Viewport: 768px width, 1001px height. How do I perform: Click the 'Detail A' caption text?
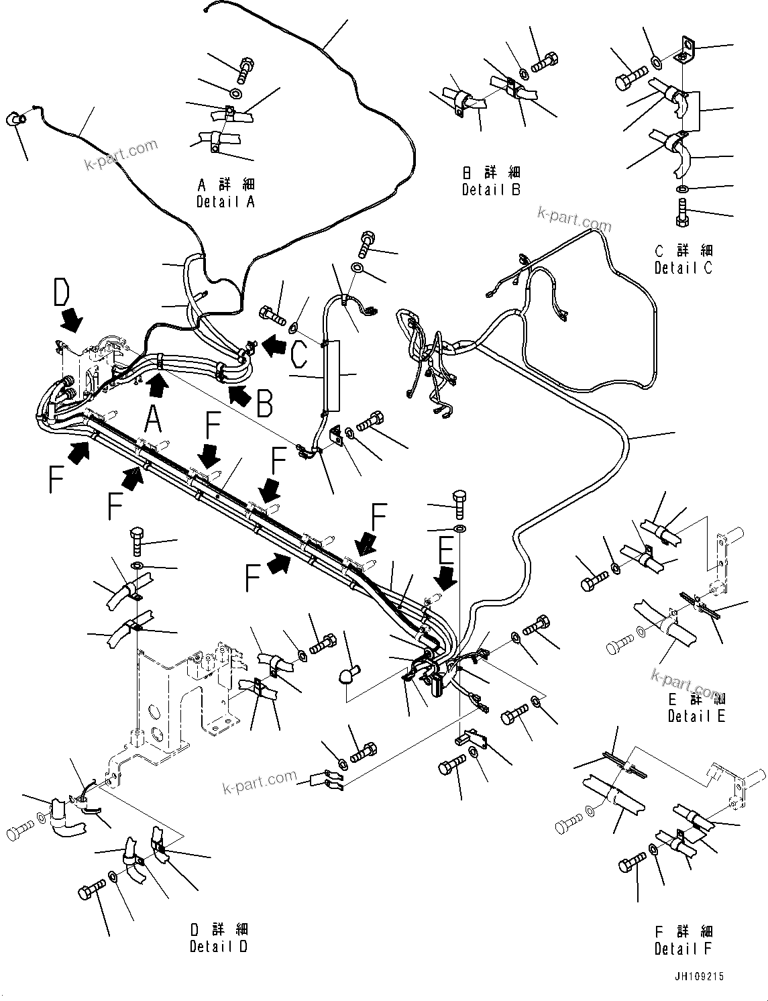(x=225, y=201)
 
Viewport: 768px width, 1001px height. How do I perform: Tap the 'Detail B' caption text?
(x=491, y=190)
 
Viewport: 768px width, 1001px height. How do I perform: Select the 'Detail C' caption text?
(x=683, y=268)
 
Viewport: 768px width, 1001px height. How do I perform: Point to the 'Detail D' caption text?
(x=219, y=947)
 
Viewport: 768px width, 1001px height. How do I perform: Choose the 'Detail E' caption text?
(x=696, y=717)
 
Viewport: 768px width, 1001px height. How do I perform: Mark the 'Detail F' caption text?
(x=683, y=949)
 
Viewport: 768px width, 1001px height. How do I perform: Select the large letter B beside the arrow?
(x=264, y=405)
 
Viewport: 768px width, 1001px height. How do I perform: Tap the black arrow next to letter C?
(x=273, y=346)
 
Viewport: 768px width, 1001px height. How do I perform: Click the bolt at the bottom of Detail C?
(x=682, y=212)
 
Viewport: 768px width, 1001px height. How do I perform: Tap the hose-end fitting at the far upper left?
(x=18, y=119)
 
